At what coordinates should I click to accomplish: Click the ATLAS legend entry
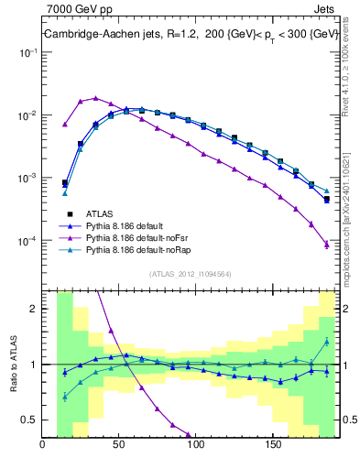point(101,213)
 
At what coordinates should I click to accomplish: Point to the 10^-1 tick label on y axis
point(27,53)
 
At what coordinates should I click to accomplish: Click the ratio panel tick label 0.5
point(30,420)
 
